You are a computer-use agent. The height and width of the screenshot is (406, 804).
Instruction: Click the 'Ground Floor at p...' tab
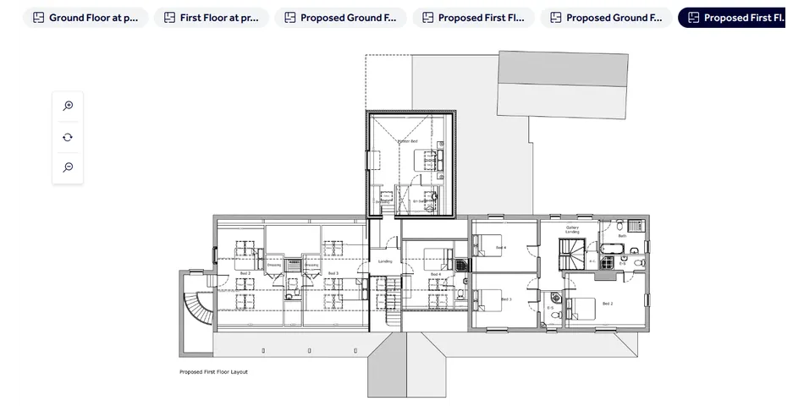click(85, 18)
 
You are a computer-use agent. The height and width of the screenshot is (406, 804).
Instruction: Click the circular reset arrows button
click(68, 137)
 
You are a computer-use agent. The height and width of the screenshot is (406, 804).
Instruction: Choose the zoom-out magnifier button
click(68, 167)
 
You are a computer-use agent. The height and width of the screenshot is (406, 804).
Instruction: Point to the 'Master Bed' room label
click(408, 140)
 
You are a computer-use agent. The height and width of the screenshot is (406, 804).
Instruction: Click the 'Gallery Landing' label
click(572, 229)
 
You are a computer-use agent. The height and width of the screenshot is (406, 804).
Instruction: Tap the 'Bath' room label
click(622, 237)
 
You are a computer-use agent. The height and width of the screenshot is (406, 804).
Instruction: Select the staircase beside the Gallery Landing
click(571, 253)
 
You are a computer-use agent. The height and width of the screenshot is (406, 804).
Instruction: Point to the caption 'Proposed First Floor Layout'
click(213, 372)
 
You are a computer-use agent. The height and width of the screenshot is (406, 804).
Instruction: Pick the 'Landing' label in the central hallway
click(384, 261)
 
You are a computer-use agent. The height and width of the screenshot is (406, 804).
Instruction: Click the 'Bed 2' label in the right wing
click(607, 303)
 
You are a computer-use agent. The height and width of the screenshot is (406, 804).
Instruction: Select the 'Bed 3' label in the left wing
click(333, 273)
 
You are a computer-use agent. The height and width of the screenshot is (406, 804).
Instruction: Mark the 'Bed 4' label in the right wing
click(501, 247)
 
